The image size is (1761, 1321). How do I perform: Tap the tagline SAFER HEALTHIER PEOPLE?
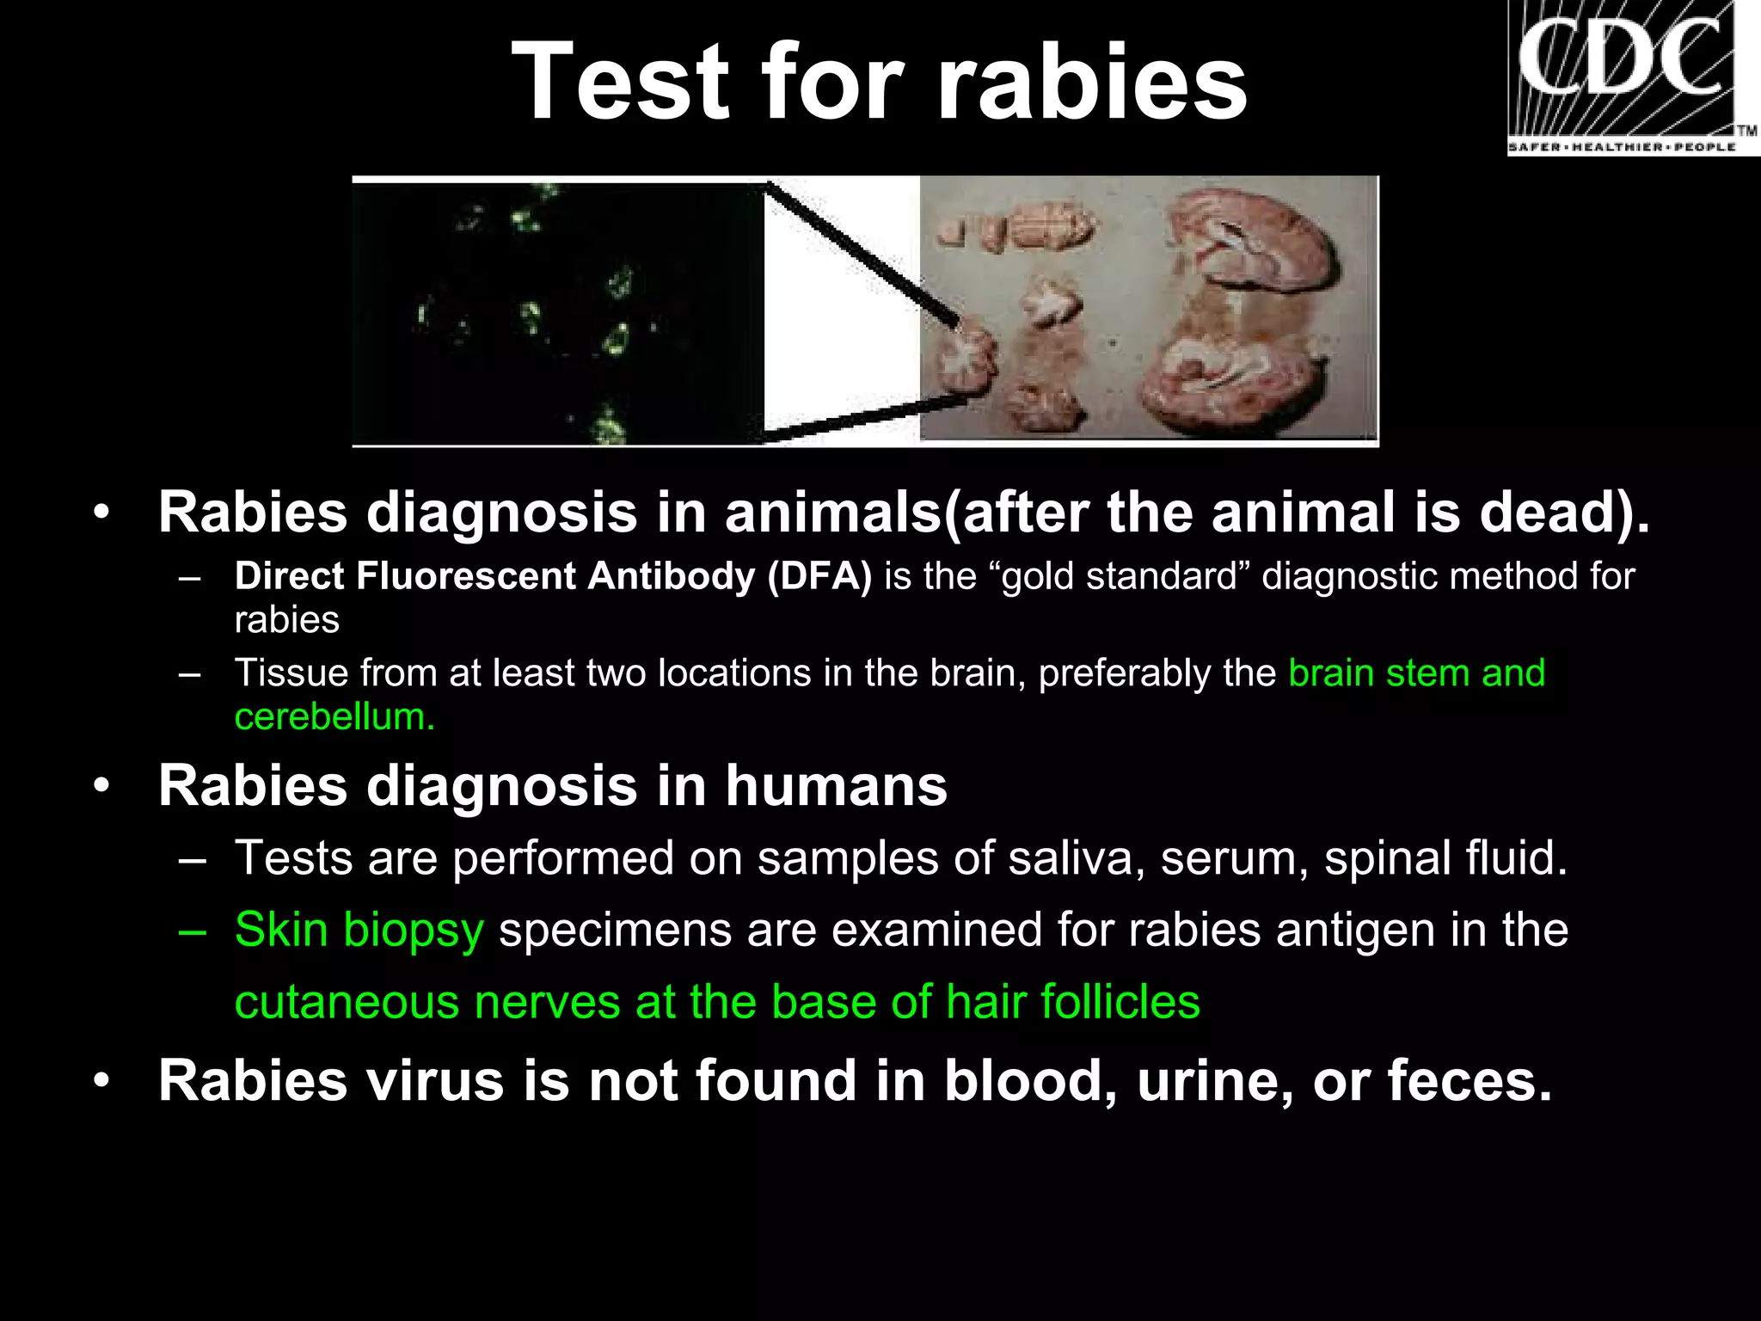tap(1622, 148)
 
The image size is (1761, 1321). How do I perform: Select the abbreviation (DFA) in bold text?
tap(819, 576)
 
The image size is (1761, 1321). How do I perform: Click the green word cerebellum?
tap(334, 717)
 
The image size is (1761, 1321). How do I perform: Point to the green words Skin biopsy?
tap(359, 931)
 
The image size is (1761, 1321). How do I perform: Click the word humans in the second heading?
tap(836, 786)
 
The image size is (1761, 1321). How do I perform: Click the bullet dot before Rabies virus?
tap(102, 1082)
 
